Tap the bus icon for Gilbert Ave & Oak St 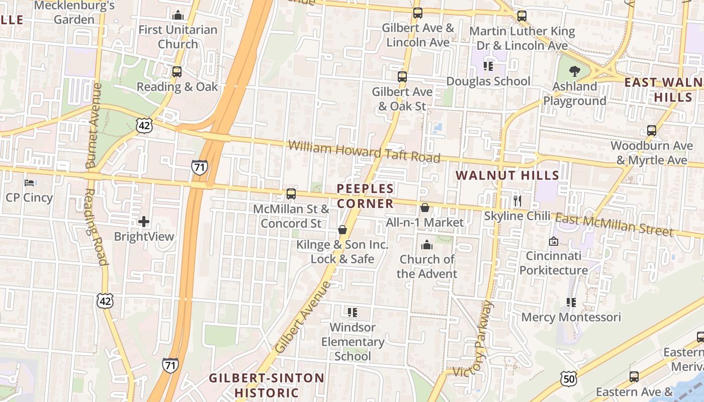pyautogui.click(x=402, y=77)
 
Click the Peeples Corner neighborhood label pyautogui.click(x=365, y=196)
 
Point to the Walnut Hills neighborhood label pyautogui.click(x=507, y=175)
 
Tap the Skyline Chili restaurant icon pyautogui.click(x=517, y=201)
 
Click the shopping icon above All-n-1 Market pyautogui.click(x=425, y=208)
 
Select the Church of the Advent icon pyautogui.click(x=427, y=245)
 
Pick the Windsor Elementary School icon pyautogui.click(x=353, y=313)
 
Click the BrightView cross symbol pyautogui.click(x=144, y=222)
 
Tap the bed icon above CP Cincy pyautogui.click(x=29, y=182)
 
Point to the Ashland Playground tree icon pyautogui.click(x=574, y=71)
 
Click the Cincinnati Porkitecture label pyautogui.click(x=553, y=263)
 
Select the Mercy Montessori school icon pyautogui.click(x=571, y=303)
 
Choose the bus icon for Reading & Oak pyautogui.click(x=177, y=72)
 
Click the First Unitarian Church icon pyautogui.click(x=178, y=16)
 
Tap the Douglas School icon pyautogui.click(x=488, y=66)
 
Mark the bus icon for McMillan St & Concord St pyautogui.click(x=291, y=194)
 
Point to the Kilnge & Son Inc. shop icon pyautogui.click(x=342, y=230)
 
